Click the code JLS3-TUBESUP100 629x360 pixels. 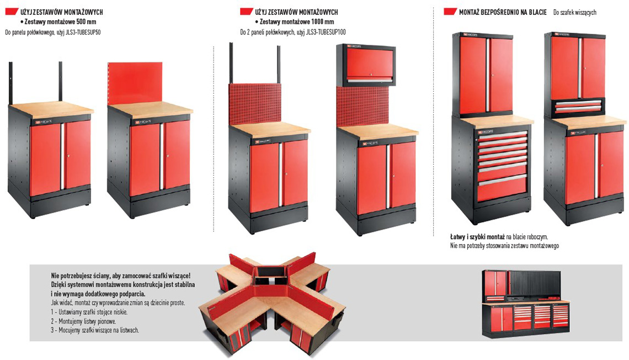tap(326, 32)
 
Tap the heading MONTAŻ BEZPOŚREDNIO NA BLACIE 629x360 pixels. tap(503, 13)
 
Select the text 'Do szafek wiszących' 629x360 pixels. tap(575, 13)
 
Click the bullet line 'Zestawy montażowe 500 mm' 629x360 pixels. tap(58, 22)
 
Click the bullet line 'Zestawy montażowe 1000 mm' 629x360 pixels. tap(295, 22)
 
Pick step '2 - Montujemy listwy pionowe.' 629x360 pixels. tap(83, 321)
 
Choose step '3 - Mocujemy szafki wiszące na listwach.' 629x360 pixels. tap(95, 330)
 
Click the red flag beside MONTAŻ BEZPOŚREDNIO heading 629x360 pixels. tap(450, 12)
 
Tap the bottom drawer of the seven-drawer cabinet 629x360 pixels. tap(502, 189)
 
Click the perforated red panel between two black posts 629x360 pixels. tap(255, 105)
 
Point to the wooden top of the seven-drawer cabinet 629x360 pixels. tap(496, 121)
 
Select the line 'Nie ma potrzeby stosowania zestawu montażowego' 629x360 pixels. tap(504, 246)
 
